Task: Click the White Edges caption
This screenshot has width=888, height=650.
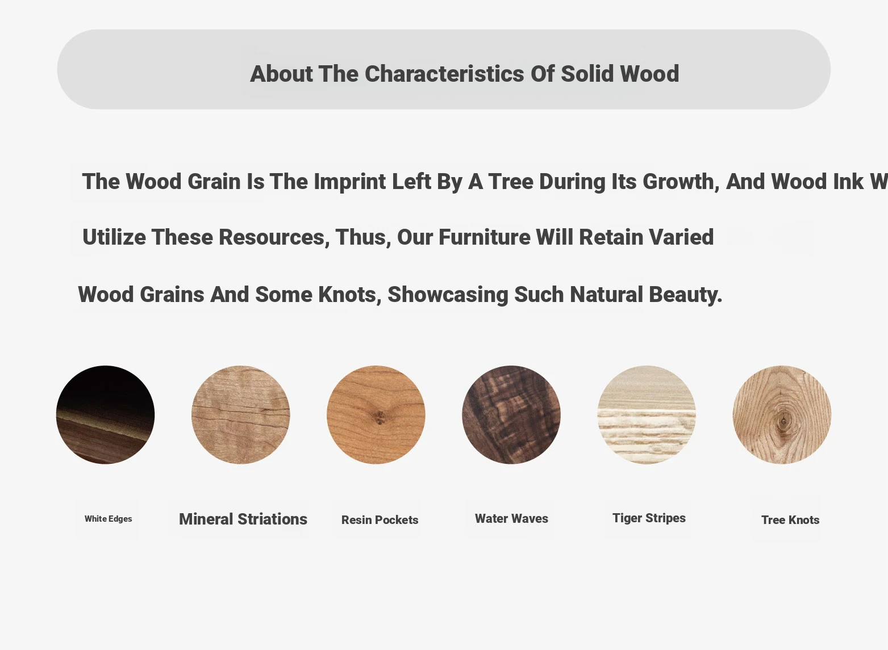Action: pos(108,519)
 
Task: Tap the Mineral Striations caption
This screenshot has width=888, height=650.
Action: pos(243,519)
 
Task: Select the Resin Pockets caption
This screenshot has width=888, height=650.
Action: pos(380,519)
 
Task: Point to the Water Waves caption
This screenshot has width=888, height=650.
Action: pos(511,518)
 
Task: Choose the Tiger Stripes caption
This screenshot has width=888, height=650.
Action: pos(649,518)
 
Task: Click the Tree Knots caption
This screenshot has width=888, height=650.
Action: pos(790,519)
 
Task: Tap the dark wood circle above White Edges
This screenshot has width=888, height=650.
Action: pos(106,415)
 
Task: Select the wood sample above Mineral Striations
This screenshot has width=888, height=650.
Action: pos(241,415)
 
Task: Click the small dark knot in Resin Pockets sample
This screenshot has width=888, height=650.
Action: pos(380,417)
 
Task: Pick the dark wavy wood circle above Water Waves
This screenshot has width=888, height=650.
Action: pos(511,415)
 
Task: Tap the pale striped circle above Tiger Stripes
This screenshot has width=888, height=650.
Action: pos(647,415)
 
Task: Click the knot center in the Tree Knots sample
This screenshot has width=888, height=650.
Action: pos(783,421)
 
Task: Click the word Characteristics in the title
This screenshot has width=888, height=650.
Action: pos(444,74)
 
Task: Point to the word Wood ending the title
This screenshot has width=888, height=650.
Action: pos(649,74)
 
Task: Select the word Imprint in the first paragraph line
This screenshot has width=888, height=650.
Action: pos(349,182)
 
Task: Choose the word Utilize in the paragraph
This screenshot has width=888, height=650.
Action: pos(114,237)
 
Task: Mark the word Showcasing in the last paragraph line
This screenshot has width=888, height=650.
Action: pos(448,295)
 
